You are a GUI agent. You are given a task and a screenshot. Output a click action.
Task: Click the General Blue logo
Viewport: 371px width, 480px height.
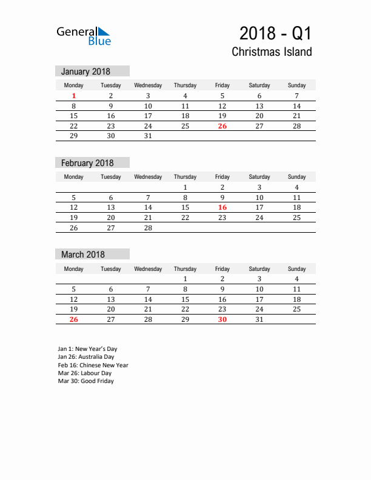pos(84,35)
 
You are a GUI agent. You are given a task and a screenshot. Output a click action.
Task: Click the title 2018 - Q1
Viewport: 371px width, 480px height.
pos(276,33)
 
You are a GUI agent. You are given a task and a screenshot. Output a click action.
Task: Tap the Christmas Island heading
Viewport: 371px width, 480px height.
pos(272,52)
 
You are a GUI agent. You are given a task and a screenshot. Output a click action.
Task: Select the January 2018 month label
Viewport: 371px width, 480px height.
pos(85,72)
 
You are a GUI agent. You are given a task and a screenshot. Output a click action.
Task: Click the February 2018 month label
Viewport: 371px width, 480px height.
pos(87,163)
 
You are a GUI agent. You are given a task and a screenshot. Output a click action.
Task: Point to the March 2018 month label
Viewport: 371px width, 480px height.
pos(83,255)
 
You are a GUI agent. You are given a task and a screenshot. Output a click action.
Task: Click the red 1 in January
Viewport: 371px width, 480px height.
pos(74,96)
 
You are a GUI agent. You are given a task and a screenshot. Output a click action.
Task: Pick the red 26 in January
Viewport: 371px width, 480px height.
pos(222,126)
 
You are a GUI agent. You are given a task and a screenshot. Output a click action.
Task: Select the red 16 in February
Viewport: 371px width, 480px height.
pos(222,207)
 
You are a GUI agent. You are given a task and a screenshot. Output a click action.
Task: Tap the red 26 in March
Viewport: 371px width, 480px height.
pos(74,319)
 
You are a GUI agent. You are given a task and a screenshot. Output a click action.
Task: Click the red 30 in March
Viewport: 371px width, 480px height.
pos(222,319)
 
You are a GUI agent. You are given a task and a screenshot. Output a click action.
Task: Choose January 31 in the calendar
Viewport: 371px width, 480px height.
pos(148,136)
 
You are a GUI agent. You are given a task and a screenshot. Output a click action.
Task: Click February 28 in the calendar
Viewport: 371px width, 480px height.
pos(148,228)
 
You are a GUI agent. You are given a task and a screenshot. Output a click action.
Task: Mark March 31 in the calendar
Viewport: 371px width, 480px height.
pos(259,319)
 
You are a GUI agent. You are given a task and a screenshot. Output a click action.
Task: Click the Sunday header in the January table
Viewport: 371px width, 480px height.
pos(296,85)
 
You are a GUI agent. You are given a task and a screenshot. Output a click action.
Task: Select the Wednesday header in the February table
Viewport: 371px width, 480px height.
pos(148,177)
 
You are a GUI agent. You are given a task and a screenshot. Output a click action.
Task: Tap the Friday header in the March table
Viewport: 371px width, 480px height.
pos(222,268)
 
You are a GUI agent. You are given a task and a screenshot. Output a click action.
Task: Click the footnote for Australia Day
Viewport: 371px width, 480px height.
pos(86,357)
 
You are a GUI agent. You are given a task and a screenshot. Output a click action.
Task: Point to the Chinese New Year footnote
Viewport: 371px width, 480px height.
pos(93,365)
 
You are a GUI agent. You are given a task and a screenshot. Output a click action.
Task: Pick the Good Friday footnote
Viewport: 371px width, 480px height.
pos(85,381)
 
